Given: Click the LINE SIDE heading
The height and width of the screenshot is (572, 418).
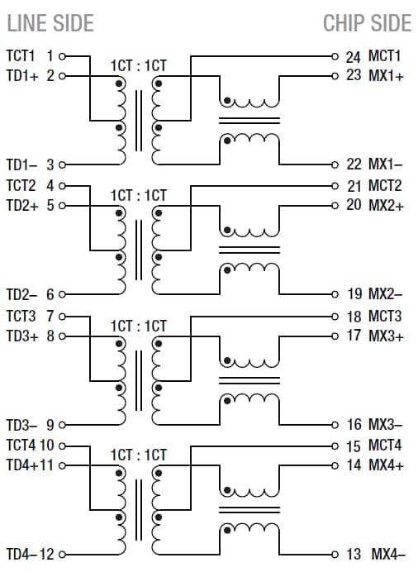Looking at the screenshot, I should point(50,22).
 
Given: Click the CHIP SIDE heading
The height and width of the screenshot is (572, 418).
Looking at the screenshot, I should point(367,22).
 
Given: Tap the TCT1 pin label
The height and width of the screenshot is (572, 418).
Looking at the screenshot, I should point(22,56).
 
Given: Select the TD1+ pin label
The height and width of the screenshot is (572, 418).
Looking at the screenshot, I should point(22,76).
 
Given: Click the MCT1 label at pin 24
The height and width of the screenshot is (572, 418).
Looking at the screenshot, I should point(385,57).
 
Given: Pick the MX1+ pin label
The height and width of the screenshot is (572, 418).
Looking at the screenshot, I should point(386,76).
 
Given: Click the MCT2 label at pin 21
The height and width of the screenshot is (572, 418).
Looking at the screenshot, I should point(385,185).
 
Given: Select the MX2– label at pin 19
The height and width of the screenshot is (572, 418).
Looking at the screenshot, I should point(386,293).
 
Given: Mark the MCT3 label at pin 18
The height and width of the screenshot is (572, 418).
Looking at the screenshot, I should point(385,316).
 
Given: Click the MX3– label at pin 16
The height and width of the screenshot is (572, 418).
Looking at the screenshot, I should point(386,424).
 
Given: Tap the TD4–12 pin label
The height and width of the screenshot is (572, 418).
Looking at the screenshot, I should point(30,553).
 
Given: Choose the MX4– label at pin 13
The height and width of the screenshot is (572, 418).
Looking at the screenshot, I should point(387,553).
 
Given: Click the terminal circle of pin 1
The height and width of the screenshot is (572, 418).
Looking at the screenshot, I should point(61,56).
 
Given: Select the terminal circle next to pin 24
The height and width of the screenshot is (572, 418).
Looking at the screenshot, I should point(335,57).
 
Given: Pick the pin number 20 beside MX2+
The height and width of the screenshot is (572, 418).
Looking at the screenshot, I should point(354,204).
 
